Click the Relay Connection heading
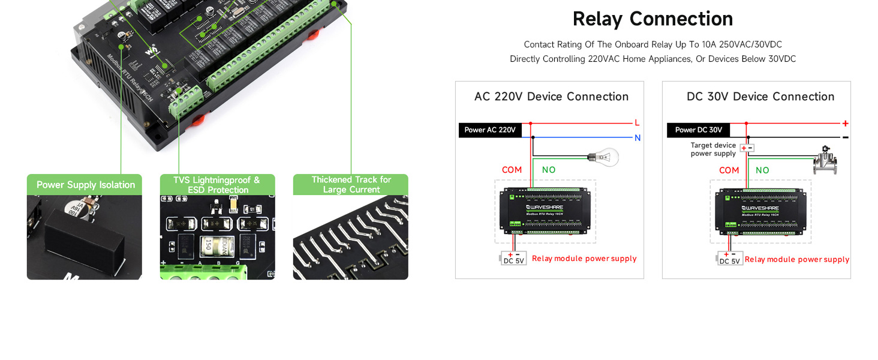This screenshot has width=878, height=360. (x=653, y=19)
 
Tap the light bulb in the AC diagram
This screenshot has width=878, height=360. (x=605, y=158)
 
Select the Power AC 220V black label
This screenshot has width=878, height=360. (x=490, y=130)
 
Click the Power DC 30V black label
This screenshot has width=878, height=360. (x=698, y=130)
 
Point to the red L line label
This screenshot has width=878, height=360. (x=637, y=123)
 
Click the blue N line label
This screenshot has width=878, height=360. (x=637, y=138)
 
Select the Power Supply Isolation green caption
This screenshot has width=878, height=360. (x=85, y=185)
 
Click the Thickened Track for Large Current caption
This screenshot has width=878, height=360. (x=351, y=185)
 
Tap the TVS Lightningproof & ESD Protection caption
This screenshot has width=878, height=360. (x=218, y=185)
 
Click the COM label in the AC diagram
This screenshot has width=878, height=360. (x=512, y=170)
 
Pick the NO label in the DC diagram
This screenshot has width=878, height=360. (x=762, y=170)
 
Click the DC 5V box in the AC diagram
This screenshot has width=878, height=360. (x=513, y=259)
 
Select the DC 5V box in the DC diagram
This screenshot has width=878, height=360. (x=730, y=259)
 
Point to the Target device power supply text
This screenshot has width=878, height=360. (x=713, y=149)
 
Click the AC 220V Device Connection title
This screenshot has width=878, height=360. (x=551, y=97)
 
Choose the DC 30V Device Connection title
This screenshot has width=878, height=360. (x=760, y=97)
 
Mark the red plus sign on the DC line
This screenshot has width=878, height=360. (x=845, y=124)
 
